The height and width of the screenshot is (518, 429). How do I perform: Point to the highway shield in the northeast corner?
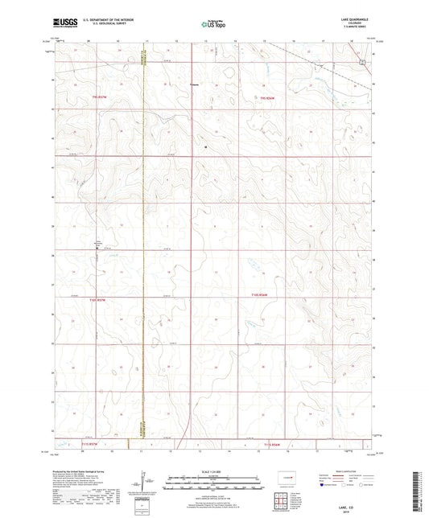pyautogui.click(x=363, y=61)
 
